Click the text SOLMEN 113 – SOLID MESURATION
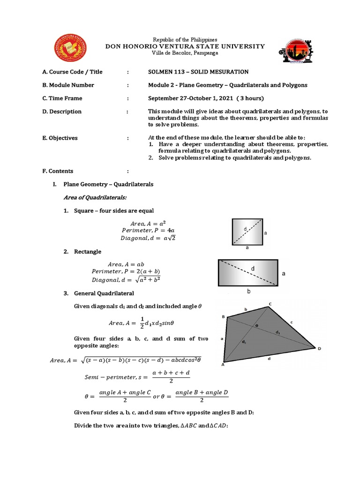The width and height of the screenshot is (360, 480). (198, 72)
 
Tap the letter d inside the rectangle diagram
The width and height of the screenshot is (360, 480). (253, 268)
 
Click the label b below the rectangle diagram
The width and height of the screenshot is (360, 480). (249, 291)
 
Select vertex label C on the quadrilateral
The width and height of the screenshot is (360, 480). (270, 304)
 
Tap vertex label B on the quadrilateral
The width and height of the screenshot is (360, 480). (223, 317)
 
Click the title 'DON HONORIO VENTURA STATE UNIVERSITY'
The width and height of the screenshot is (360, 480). (185, 46)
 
